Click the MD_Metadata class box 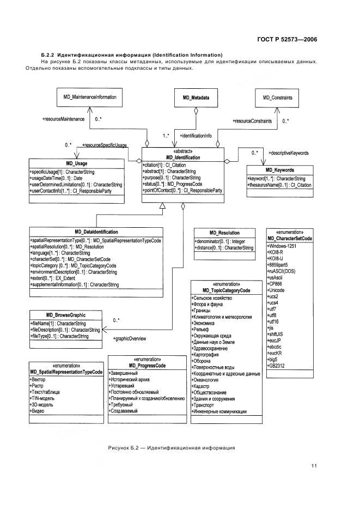[196, 98]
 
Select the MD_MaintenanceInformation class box [89, 97]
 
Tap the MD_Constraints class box [277, 98]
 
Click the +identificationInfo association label [196, 136]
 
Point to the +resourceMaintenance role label [63, 119]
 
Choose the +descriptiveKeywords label [289, 153]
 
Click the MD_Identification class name [183, 157]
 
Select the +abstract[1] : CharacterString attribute [169, 172]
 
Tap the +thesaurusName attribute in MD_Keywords [280, 185]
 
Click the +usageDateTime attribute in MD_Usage [56, 178]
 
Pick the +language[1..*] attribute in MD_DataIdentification [60, 253]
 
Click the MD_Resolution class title [224, 233]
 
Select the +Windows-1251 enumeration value [282, 246]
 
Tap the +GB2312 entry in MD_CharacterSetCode [276, 366]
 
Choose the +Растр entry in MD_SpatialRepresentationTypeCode [36, 386]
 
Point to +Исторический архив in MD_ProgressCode [129, 380]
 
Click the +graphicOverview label [130, 338]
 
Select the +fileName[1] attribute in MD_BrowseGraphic [58, 324]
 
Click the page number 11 [314, 466]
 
